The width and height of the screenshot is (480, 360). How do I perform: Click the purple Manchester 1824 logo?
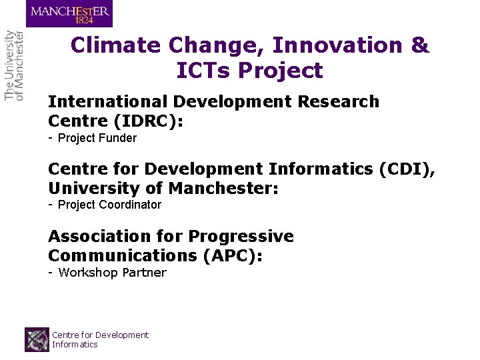pyautogui.click(x=69, y=13)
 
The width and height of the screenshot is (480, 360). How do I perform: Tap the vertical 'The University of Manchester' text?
pyautogui.click(x=14, y=65)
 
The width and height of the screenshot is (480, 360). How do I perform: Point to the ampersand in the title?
pyautogui.click(x=420, y=45)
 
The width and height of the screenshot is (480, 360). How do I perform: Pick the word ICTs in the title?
pyautogui.click(x=203, y=70)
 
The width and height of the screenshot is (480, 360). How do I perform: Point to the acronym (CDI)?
pyautogui.click(x=408, y=169)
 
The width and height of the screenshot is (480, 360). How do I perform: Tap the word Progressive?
pyautogui.click(x=241, y=237)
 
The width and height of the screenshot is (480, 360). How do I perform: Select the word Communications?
pyautogui.click(x=120, y=256)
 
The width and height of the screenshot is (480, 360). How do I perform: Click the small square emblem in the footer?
pyautogui.click(x=37, y=339)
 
